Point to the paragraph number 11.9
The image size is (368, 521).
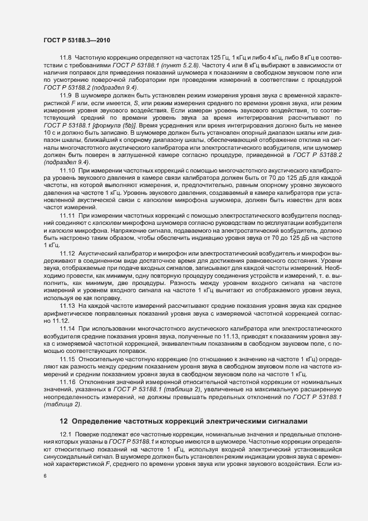click(65, 110)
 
